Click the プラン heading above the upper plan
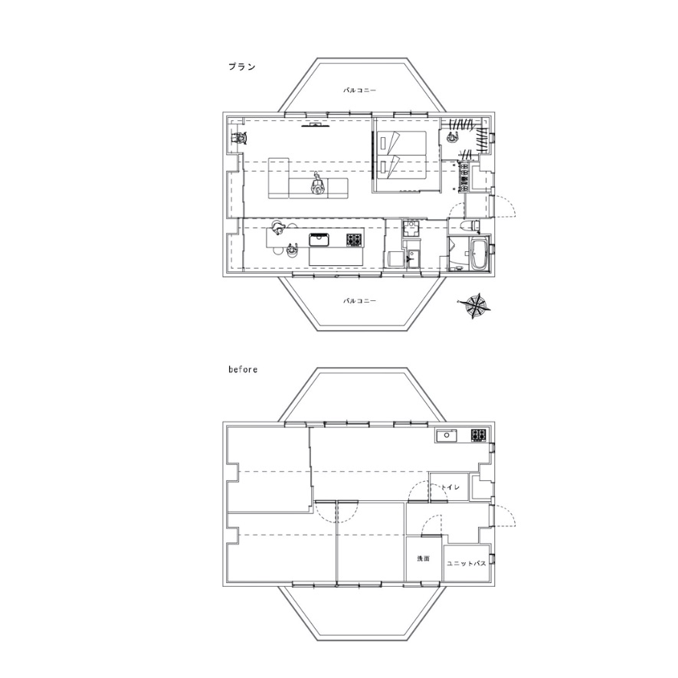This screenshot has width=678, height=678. coord(242,67)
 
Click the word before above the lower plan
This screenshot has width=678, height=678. coord(243,369)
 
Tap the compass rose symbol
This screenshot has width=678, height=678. coord(474,306)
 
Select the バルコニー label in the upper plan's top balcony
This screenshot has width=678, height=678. coord(359,90)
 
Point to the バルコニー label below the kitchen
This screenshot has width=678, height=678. coord(359,301)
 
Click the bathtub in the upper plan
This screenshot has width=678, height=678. coord(479,254)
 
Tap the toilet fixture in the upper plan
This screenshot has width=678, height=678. coord(470,224)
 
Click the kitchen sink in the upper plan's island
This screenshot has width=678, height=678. coord(319,240)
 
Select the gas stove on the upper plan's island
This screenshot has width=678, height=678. coord(353,240)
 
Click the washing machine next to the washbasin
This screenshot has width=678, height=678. coord(395,260)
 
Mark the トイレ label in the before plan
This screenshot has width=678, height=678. coord(450,487)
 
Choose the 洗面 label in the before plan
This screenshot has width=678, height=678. coord(423,558)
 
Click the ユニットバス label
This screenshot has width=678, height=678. coord(466,564)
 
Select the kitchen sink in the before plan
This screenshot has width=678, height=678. coord(446,435)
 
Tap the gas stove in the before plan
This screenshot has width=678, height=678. coord(479,435)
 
